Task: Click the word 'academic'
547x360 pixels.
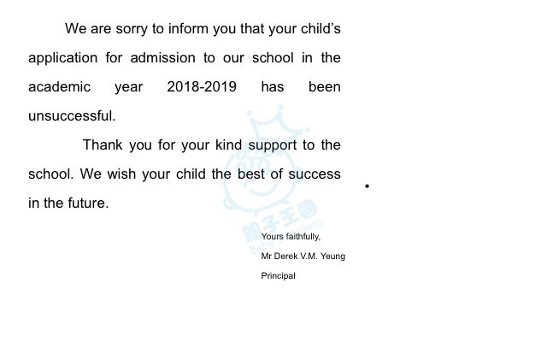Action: pos(59,87)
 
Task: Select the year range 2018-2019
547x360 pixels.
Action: pos(202,87)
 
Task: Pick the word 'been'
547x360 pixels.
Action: pos(324,87)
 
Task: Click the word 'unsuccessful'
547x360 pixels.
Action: pos(71,116)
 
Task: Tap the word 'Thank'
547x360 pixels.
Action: pos(103,145)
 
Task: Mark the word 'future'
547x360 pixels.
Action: pos(87,204)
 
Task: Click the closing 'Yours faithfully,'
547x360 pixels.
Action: pos(291,236)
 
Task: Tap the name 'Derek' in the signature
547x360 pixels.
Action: pos(287,256)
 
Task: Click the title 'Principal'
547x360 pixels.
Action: pos(278,275)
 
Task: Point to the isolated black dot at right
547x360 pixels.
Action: pos(367,186)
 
